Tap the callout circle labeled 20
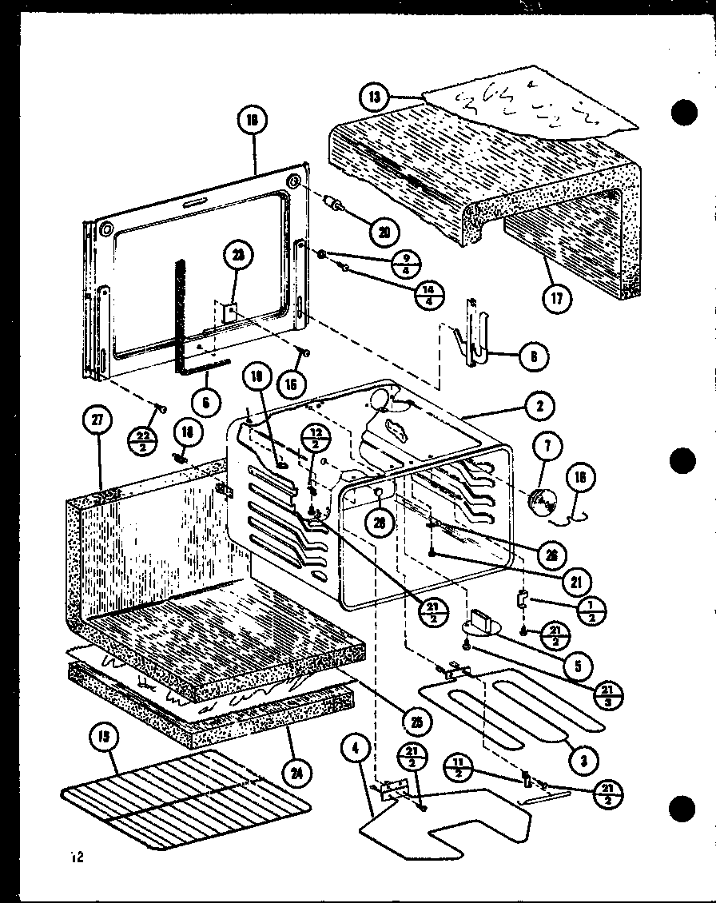385,232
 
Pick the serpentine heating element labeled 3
511,703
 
